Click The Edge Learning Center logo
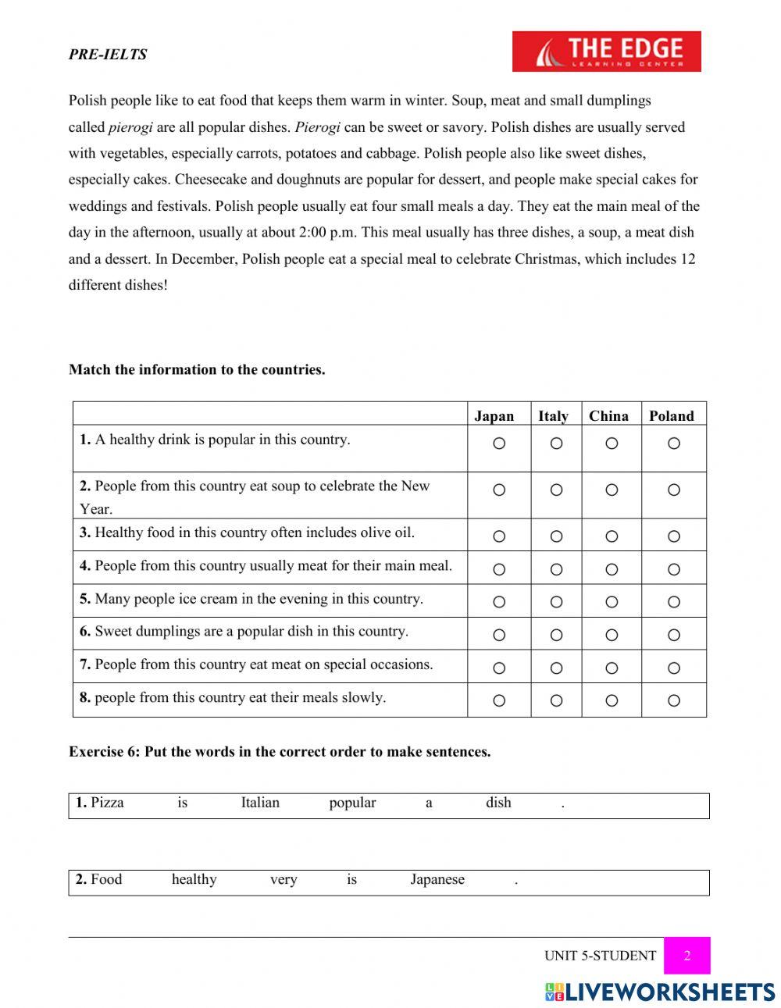(x=606, y=52)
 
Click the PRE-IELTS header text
(x=108, y=55)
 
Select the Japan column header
(x=494, y=416)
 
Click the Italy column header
(x=553, y=416)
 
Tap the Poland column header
(x=671, y=416)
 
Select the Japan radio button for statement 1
(x=499, y=443)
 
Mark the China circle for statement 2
(x=612, y=490)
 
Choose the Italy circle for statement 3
(x=556, y=536)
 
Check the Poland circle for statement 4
(x=674, y=569)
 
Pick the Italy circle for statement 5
(x=556, y=602)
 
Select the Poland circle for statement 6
(x=674, y=635)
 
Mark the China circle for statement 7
(x=612, y=668)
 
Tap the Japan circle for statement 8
(x=499, y=701)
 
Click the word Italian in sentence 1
(x=260, y=803)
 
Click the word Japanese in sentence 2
(x=437, y=879)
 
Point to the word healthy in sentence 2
(x=194, y=879)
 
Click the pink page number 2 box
(x=687, y=956)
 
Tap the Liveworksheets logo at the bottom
(x=660, y=992)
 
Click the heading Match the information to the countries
(x=197, y=370)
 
